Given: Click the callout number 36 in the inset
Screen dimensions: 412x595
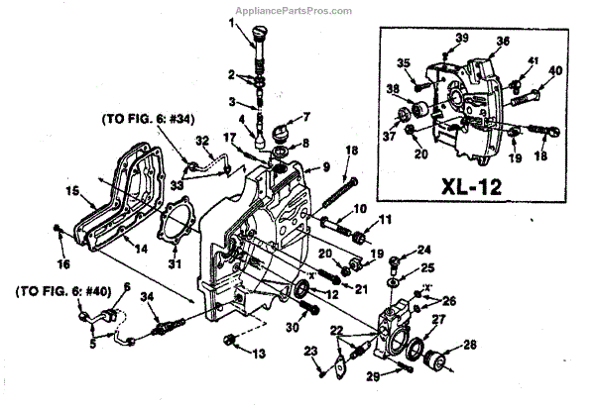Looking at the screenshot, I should pos(503,42).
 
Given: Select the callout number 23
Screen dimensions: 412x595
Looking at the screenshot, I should pos(309,351).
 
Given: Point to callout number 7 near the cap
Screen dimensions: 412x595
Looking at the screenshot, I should pos(306,116).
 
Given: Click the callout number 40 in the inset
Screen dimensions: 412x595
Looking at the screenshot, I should pos(554,70).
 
